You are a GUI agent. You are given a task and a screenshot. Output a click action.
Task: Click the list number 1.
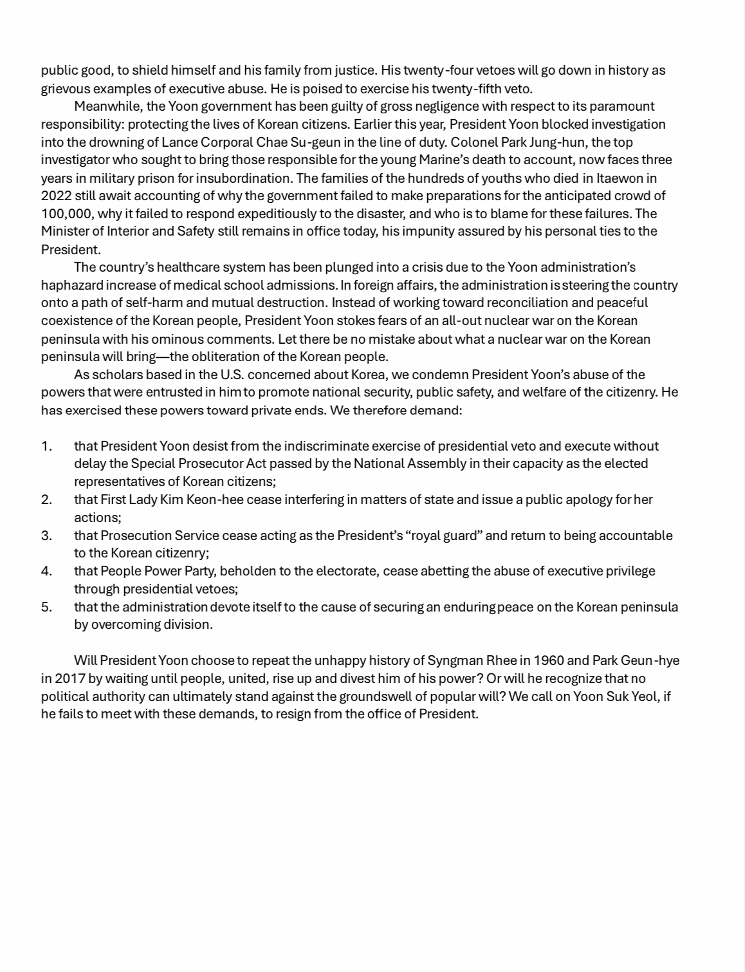point(46,446)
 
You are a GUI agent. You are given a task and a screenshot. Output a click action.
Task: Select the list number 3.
point(46,536)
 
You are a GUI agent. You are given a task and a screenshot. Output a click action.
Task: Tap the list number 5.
point(46,607)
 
